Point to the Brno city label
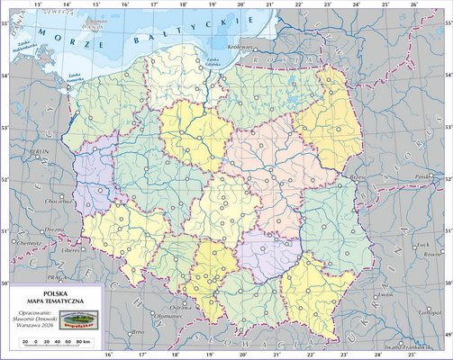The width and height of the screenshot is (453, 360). click(x=137, y=332)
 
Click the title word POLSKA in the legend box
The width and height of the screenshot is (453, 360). click(x=56, y=293)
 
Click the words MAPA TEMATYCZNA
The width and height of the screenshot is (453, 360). click(x=56, y=302)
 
